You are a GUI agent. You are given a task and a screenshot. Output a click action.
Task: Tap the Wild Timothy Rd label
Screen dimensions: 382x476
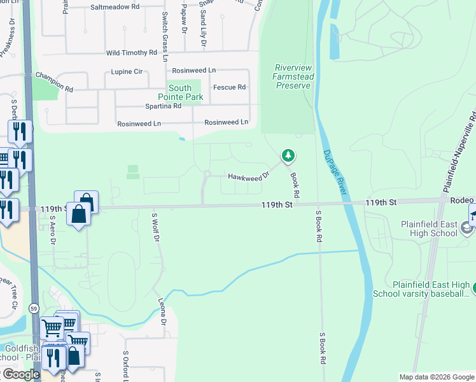point(131,53)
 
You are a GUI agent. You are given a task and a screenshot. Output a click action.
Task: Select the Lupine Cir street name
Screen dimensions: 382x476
point(125,71)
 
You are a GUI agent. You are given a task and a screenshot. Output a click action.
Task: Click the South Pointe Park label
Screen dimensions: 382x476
point(185,93)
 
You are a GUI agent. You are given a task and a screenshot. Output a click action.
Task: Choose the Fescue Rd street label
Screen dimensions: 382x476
point(229,87)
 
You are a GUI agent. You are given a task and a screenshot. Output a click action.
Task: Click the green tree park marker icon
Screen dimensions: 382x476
point(288,155)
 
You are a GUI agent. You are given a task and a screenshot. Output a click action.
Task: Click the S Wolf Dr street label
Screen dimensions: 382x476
point(155,228)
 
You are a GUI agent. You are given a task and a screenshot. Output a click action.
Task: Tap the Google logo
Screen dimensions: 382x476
point(20,374)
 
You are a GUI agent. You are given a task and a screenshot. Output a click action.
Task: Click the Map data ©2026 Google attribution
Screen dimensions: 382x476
point(436,377)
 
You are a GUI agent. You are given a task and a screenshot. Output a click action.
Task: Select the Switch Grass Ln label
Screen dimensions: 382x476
point(165,36)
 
